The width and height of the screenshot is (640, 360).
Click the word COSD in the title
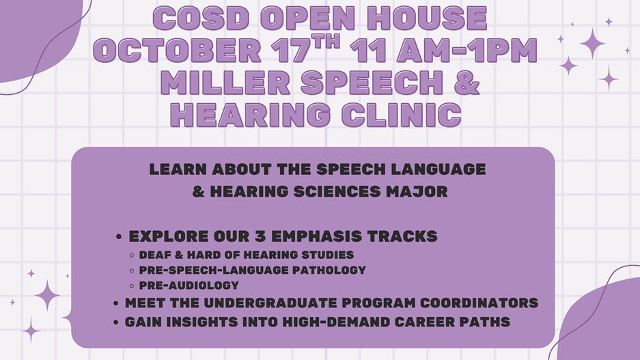tap(201, 18)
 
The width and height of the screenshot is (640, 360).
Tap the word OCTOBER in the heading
tap(177, 51)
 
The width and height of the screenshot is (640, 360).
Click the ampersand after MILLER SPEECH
tap(465, 83)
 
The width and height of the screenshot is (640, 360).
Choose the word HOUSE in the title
tap(426, 18)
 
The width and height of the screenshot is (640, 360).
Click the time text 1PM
tap(503, 51)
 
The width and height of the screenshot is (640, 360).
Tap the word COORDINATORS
tap(479, 303)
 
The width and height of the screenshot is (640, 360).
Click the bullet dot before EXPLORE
tap(119, 237)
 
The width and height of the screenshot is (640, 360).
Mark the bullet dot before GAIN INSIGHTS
tap(116, 322)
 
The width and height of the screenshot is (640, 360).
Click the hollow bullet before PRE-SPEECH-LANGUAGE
tap(131, 271)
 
